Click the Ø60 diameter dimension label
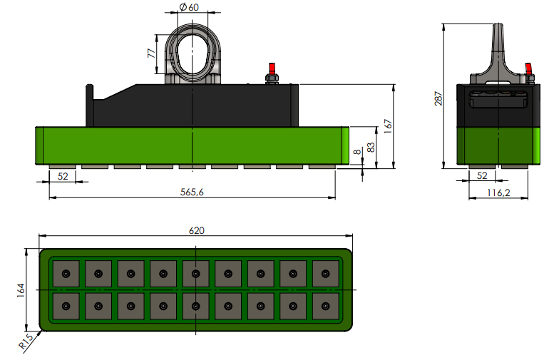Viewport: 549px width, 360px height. (189, 7)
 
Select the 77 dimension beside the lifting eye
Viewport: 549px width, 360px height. (151, 53)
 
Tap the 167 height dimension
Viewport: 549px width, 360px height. (389, 126)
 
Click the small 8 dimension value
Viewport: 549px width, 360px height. (356, 152)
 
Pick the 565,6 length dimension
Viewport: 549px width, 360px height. (192, 192)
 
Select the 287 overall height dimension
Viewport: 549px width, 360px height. (438, 98)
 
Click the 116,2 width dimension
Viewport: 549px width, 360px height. (498, 192)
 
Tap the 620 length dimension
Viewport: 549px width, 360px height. (196, 230)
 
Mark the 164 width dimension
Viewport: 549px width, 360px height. (21, 290)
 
